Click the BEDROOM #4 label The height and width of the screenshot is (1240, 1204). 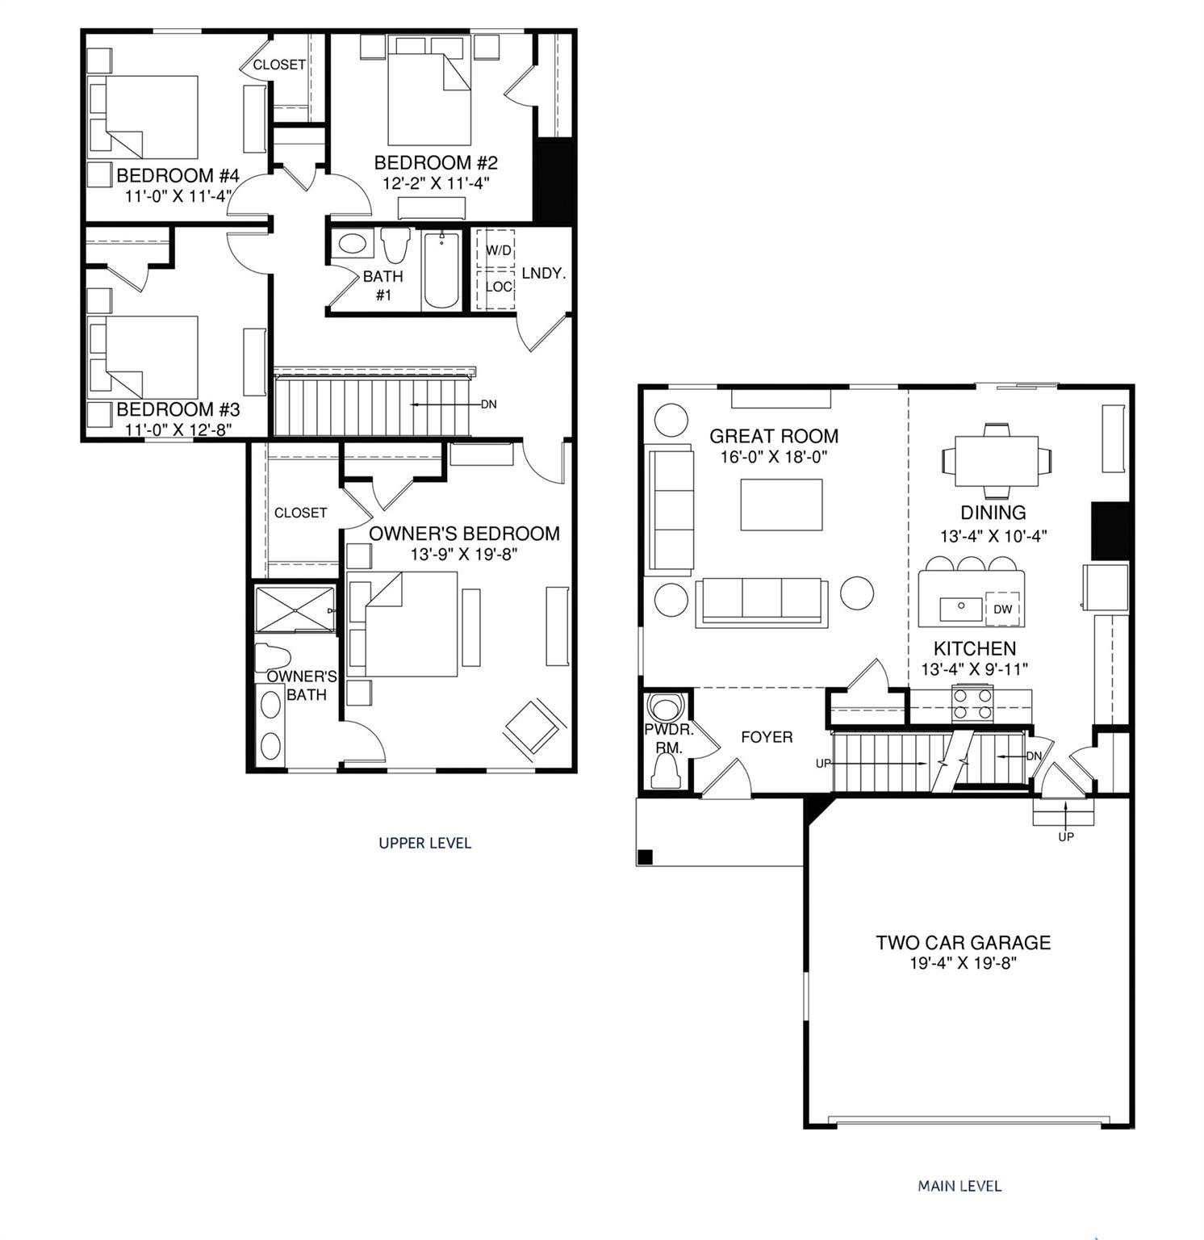click(x=178, y=175)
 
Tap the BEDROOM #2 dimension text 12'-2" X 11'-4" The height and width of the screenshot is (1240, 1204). click(x=437, y=183)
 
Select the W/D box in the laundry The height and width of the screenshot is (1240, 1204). click(x=496, y=249)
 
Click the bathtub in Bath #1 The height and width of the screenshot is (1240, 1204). click(x=441, y=270)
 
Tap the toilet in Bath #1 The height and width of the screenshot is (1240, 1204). click(x=395, y=245)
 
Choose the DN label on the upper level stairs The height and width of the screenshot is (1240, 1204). click(x=489, y=404)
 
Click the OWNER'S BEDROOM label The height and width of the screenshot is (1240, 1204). click(x=464, y=534)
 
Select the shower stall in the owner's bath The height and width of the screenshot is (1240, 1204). click(x=294, y=610)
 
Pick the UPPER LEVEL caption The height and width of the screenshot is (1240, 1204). click(x=425, y=843)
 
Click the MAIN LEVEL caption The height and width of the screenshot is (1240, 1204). click(x=959, y=1186)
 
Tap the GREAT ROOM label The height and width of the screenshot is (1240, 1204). click(x=774, y=436)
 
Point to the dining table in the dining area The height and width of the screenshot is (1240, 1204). click(x=997, y=461)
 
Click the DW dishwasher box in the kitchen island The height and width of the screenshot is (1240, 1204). click(x=1003, y=609)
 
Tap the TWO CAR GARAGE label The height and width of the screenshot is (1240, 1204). click(x=964, y=942)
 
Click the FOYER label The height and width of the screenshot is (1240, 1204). click(x=767, y=737)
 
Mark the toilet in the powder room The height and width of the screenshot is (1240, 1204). click(x=667, y=773)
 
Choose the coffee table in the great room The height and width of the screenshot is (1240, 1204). click(x=782, y=505)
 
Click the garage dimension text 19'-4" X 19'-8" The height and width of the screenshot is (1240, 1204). click(x=964, y=963)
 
